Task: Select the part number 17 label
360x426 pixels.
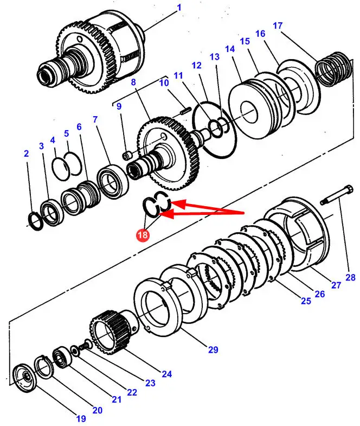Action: click(278, 26)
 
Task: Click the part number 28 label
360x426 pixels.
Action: click(350, 277)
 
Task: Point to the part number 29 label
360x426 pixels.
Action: click(213, 349)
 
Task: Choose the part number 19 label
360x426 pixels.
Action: click(80, 418)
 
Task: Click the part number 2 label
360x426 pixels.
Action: click(26, 154)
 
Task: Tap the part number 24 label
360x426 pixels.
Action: click(166, 373)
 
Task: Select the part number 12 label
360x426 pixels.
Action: click(196, 65)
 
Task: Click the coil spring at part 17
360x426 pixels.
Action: click(332, 69)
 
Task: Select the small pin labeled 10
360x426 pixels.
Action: click(184, 110)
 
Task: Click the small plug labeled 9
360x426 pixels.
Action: click(128, 156)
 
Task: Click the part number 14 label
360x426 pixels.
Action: click(230, 48)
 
